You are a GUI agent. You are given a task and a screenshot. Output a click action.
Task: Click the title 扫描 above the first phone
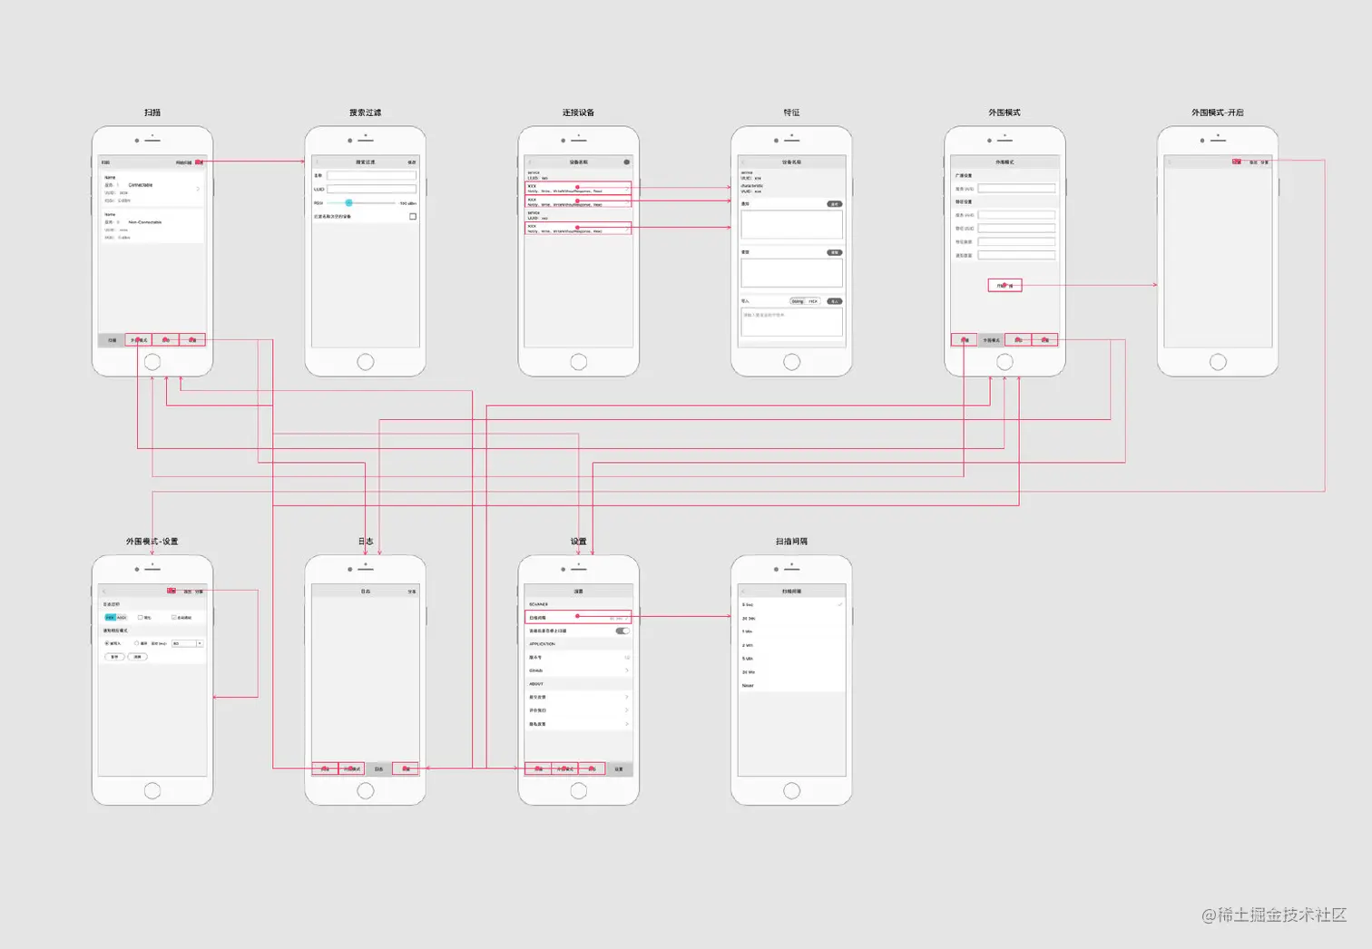pos(152,113)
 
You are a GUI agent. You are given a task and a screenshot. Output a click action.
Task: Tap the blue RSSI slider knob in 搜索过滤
pos(348,202)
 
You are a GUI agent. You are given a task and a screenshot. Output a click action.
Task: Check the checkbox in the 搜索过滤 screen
pos(413,216)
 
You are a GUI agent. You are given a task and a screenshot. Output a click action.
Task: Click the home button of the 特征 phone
pos(791,362)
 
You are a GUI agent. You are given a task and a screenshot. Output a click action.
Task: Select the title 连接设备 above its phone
pos(578,113)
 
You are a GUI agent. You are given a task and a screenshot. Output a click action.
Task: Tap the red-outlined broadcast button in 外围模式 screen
pos(1004,285)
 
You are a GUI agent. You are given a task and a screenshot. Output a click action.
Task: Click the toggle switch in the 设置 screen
pos(622,631)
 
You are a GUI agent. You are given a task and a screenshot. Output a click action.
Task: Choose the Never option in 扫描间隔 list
pos(748,686)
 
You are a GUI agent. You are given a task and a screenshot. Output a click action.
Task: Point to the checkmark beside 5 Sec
pos(840,604)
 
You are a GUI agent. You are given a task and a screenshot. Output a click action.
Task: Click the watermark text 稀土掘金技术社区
pos(1280,915)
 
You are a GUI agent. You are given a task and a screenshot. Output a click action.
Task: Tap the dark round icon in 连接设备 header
pos(626,161)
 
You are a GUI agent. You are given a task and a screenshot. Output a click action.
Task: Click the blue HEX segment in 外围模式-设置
pos(110,617)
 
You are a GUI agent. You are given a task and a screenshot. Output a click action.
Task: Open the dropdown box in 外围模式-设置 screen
pos(187,643)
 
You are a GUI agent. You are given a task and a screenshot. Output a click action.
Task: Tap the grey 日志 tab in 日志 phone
pos(378,768)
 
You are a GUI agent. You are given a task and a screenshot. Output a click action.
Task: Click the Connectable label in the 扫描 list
pos(141,185)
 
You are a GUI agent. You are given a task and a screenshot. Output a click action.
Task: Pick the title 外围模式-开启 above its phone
pos(1217,113)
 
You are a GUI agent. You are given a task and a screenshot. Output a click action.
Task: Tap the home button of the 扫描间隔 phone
pos(791,790)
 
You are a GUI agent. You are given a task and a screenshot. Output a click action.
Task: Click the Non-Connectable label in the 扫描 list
pos(145,222)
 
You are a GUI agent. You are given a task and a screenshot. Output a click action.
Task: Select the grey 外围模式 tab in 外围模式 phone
pos(991,339)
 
